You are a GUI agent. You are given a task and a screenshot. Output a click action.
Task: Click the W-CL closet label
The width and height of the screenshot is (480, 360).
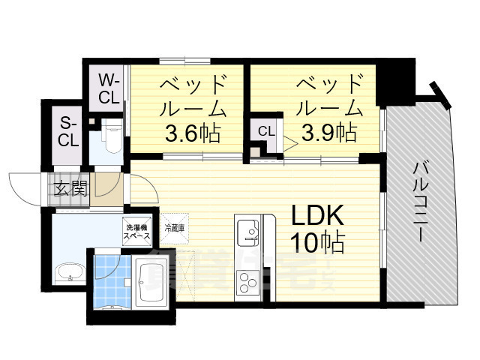[109, 88]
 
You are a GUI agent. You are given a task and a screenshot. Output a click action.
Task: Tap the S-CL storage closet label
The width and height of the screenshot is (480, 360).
[68, 130]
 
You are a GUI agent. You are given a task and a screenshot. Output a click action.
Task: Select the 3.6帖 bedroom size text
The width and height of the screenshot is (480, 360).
[192, 134]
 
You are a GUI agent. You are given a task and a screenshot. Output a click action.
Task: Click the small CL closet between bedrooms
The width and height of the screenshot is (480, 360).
[265, 131]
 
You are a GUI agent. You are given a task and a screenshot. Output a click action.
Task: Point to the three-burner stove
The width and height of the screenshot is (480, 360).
[247, 283]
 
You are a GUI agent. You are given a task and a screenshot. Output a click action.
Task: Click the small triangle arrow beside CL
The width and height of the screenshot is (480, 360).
[289, 140]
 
